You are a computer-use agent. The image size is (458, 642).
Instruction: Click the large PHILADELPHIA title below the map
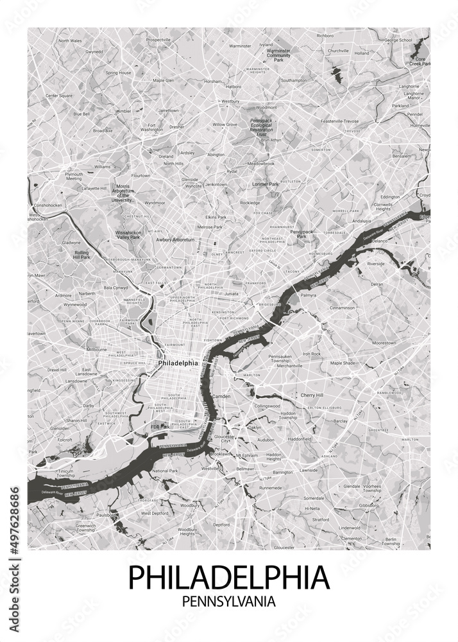229,577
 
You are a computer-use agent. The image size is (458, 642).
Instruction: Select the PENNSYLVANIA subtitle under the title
229,603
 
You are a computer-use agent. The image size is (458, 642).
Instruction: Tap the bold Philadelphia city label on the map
177,363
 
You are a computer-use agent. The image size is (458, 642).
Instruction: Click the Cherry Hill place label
312,395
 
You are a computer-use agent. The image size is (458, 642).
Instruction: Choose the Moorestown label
384,343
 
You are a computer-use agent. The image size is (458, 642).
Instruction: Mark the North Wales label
70,40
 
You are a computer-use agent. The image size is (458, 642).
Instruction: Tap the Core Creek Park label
420,61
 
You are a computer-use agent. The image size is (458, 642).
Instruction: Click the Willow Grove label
225,124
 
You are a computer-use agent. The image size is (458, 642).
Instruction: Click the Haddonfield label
299,439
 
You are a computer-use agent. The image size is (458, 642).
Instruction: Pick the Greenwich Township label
85,528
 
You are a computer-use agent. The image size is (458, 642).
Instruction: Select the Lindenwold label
350,527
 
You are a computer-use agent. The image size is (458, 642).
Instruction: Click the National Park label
165,471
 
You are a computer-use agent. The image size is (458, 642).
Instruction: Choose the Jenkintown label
216,184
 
